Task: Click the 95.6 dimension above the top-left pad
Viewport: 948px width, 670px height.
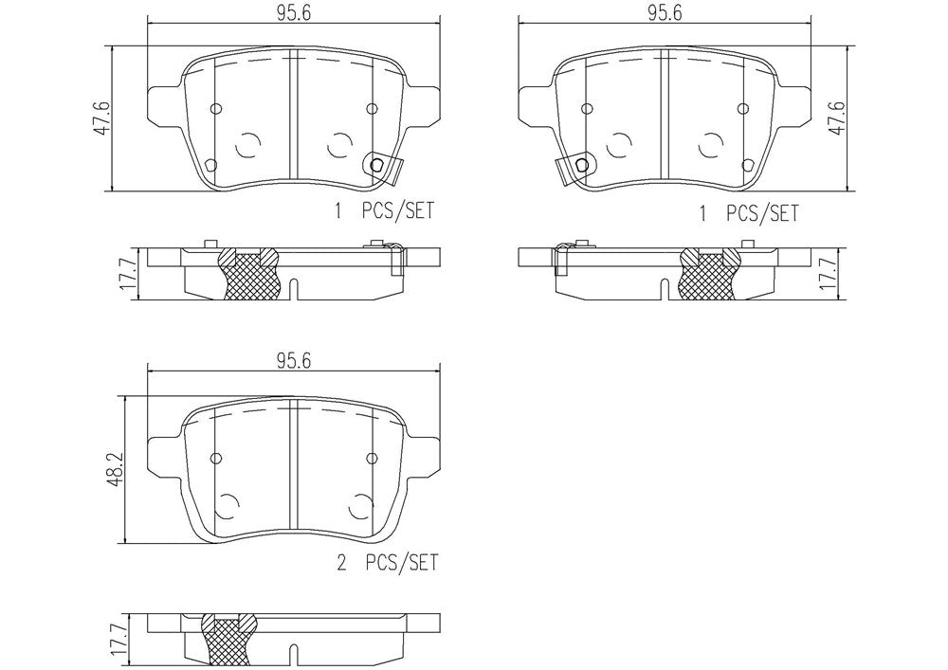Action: [294, 14]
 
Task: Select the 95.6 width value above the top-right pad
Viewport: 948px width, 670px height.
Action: [665, 14]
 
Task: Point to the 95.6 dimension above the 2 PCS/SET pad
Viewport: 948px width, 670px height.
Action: [294, 361]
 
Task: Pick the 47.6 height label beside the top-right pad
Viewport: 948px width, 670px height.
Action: [839, 118]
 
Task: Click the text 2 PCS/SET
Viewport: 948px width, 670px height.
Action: [387, 563]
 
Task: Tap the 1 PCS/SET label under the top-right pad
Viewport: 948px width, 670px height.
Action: [749, 213]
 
